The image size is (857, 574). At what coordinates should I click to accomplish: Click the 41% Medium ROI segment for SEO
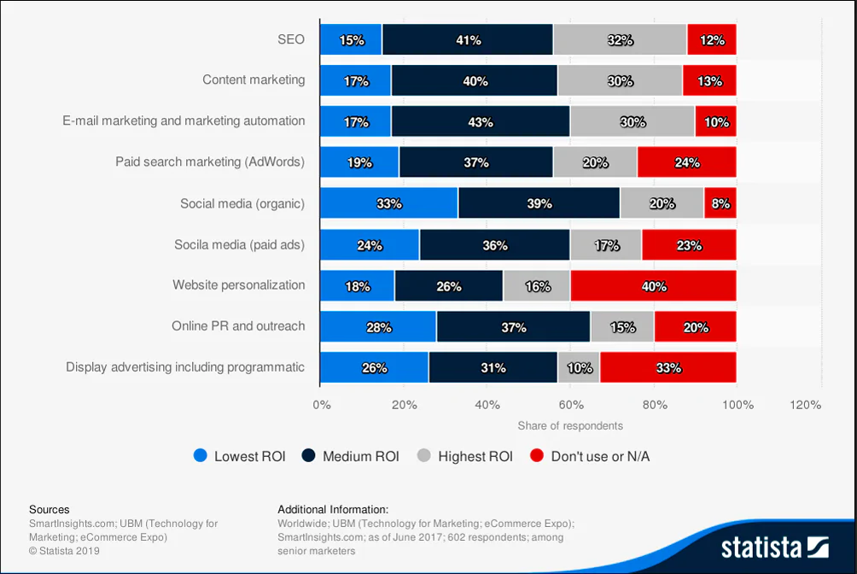[x=468, y=40]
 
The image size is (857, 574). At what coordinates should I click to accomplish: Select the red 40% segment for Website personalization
[x=653, y=286]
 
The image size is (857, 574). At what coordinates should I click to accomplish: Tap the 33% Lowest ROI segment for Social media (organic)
[x=388, y=204]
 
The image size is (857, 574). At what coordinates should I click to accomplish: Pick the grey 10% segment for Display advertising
[x=579, y=368]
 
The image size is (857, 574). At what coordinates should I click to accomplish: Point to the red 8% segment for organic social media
[x=720, y=204]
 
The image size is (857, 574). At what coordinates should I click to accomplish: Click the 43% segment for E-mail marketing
[x=481, y=122]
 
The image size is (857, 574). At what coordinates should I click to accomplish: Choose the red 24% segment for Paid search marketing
[x=686, y=162]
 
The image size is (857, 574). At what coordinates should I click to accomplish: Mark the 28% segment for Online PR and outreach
[x=378, y=327]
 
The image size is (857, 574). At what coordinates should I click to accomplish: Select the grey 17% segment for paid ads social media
[x=606, y=245]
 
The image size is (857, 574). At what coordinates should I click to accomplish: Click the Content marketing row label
[x=254, y=79]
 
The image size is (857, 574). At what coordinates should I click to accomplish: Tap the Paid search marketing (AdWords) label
[x=210, y=161]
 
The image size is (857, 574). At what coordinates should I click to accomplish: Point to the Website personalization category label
[x=238, y=284]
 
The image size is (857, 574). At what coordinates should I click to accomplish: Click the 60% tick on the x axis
[x=570, y=405]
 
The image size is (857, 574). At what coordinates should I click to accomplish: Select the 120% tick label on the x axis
[x=806, y=405]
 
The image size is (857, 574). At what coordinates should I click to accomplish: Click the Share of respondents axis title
[x=570, y=425]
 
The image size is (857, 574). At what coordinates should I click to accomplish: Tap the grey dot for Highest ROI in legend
[x=424, y=456]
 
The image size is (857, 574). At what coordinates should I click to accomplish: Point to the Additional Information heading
[x=333, y=509]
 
